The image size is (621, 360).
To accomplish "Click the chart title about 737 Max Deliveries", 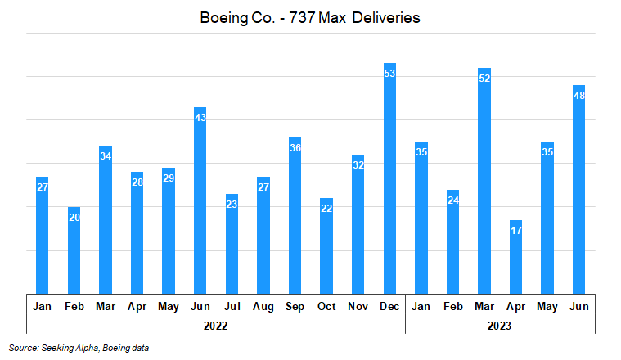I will (x=310, y=17).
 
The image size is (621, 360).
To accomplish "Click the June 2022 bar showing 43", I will (x=200, y=200).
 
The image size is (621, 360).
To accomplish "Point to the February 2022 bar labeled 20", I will (x=74, y=250).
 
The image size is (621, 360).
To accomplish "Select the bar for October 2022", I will (x=326, y=245).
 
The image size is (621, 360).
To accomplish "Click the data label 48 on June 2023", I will (x=579, y=96).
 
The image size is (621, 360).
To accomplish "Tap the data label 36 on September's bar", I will (x=295, y=148).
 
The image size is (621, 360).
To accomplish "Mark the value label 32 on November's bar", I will (x=358, y=165).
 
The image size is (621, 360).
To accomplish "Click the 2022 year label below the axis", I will (x=216, y=325).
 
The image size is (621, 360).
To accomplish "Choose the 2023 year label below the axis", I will (x=500, y=325).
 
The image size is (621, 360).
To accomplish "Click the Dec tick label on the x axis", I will (x=389, y=306).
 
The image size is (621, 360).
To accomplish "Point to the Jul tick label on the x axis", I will (x=232, y=306).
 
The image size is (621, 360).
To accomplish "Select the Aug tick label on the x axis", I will (x=263, y=306).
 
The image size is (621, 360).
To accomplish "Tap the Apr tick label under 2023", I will (x=515, y=306).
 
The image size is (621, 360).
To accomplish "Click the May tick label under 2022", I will (x=169, y=306).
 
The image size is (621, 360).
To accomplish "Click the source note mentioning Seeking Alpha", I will (x=79, y=348).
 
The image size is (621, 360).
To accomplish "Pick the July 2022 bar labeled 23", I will (x=232, y=243).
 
